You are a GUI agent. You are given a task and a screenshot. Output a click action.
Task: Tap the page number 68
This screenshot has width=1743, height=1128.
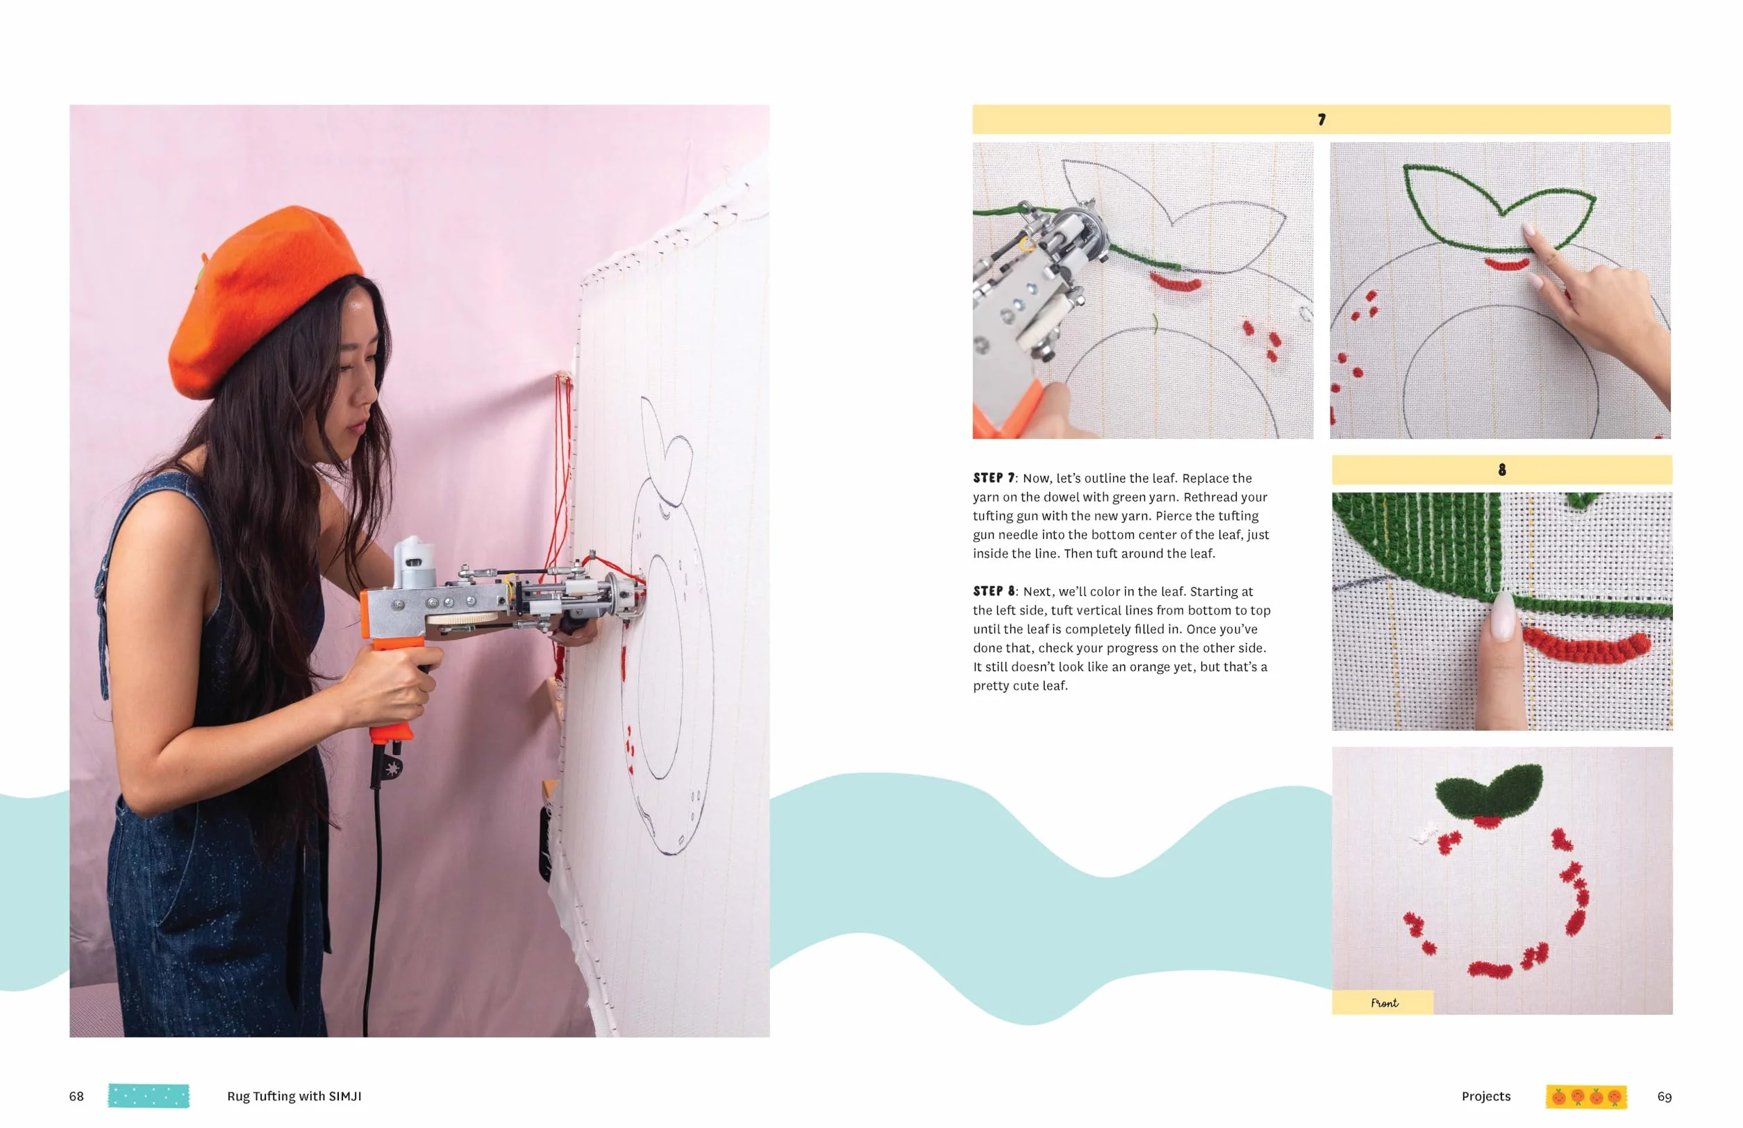click(76, 1097)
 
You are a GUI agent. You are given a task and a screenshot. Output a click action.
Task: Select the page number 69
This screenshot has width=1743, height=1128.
click(1664, 1097)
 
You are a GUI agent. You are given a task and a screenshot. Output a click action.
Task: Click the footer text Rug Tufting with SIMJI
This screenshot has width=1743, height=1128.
click(294, 1097)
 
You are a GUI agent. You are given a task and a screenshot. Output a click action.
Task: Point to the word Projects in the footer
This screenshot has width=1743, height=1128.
click(1486, 1097)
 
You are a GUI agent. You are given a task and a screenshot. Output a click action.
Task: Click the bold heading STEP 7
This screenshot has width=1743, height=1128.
click(994, 479)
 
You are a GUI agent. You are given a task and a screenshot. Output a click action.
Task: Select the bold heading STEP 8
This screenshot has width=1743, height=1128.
click(994, 591)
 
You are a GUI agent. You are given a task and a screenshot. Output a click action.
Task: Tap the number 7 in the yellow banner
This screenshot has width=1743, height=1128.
click(1321, 119)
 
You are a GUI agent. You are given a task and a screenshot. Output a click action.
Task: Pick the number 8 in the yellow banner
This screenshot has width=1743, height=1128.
click(1502, 470)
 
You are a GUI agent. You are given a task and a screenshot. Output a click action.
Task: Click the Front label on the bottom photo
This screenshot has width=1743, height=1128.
click(1384, 1003)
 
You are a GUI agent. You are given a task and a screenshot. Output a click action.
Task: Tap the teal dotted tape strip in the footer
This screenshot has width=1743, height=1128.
click(149, 1096)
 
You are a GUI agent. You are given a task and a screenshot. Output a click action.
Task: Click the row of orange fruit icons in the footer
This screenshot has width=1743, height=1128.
click(1586, 1097)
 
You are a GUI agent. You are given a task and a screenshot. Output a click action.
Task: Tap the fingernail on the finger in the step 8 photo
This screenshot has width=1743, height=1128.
click(1501, 617)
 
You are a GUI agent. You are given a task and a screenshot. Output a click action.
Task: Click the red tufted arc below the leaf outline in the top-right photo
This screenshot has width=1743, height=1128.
click(1506, 264)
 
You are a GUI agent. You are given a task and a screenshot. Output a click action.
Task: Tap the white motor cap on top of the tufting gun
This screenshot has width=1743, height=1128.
click(412, 561)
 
